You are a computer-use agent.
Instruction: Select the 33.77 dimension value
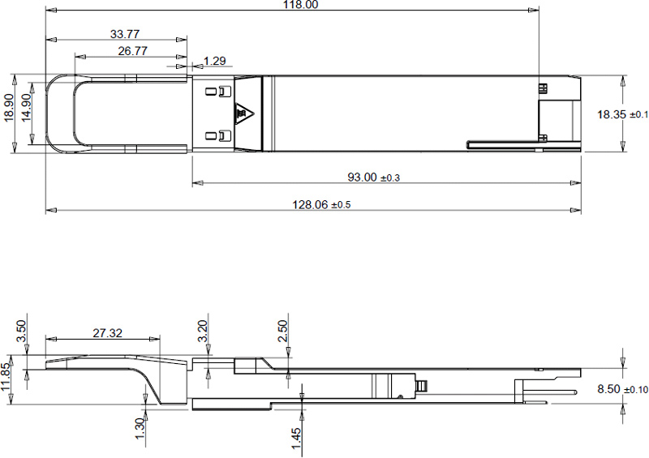[x=124, y=34]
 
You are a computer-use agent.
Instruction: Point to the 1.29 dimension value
[x=215, y=61]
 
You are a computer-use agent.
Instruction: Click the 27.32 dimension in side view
[x=108, y=333]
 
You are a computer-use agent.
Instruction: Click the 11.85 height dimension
[x=7, y=378]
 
